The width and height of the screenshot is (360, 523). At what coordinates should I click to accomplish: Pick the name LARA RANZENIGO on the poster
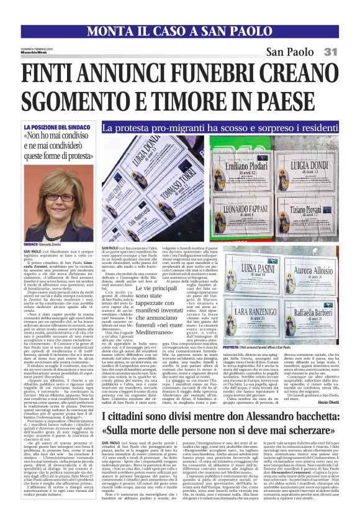[247, 311]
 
